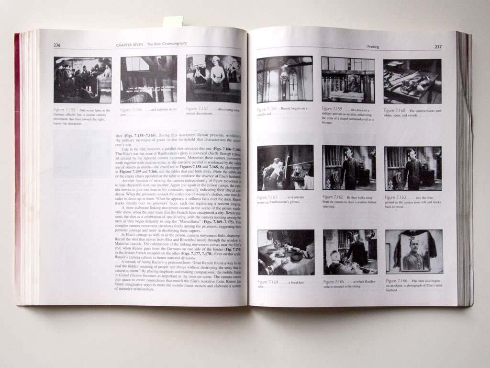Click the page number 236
(x=56, y=45)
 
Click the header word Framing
(x=373, y=46)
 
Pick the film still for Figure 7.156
(x=148, y=79)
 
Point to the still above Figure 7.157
(x=213, y=79)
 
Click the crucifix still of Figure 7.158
(x=285, y=79)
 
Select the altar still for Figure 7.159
(x=348, y=80)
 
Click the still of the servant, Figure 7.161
(x=285, y=168)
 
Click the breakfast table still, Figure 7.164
(x=286, y=252)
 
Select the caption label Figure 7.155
(x=65, y=110)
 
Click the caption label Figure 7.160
(x=395, y=111)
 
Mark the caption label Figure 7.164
(x=268, y=282)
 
